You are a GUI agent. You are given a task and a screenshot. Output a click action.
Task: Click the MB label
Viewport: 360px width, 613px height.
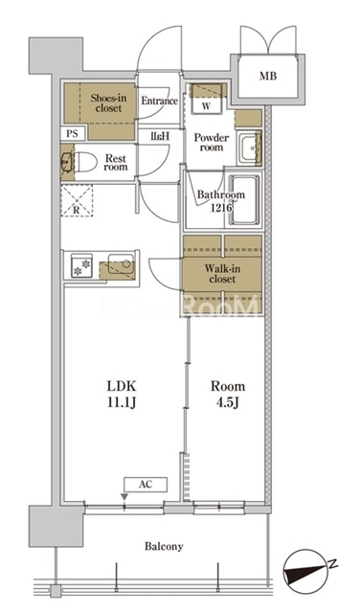(x=268, y=76)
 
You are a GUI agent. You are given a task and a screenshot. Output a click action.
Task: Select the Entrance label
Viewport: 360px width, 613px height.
(x=160, y=101)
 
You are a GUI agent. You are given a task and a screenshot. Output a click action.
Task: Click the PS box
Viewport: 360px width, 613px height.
(x=72, y=134)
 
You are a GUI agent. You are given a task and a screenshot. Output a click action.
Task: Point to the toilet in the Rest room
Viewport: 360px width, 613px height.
(x=85, y=162)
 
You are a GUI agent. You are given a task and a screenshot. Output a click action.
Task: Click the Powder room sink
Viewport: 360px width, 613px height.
(x=249, y=149)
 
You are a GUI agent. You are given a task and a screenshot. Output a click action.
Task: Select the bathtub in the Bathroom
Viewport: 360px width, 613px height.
(x=244, y=200)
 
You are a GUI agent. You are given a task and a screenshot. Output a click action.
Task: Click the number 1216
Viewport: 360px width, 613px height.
(x=221, y=208)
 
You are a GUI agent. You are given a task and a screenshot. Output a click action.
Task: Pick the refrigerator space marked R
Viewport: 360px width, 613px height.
(x=77, y=200)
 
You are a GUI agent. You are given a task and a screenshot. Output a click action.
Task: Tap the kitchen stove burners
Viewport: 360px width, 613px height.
(x=81, y=266)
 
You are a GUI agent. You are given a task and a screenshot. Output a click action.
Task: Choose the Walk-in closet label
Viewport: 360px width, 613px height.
(x=222, y=274)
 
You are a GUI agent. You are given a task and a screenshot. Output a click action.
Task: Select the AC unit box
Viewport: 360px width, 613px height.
(x=146, y=485)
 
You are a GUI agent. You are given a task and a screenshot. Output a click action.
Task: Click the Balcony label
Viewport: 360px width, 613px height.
(x=164, y=546)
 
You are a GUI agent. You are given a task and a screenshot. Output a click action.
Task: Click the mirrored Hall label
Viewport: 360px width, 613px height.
(x=160, y=136)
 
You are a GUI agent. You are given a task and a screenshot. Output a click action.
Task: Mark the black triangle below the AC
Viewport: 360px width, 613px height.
(x=124, y=497)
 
